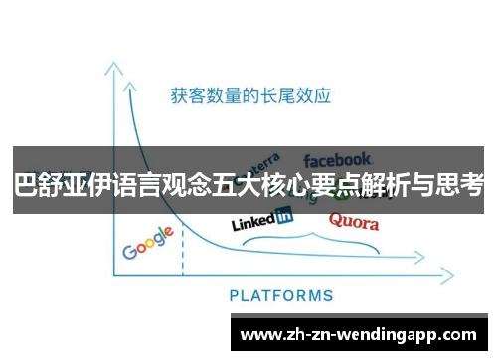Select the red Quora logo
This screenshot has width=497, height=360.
click(353, 221)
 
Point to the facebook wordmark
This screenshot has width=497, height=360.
click(338, 159)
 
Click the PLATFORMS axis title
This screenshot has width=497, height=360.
click(281, 295)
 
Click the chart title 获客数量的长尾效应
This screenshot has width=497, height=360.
click(249, 96)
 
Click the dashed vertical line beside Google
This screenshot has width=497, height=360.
click(183, 255)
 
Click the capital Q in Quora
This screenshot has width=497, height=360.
click(335, 220)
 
